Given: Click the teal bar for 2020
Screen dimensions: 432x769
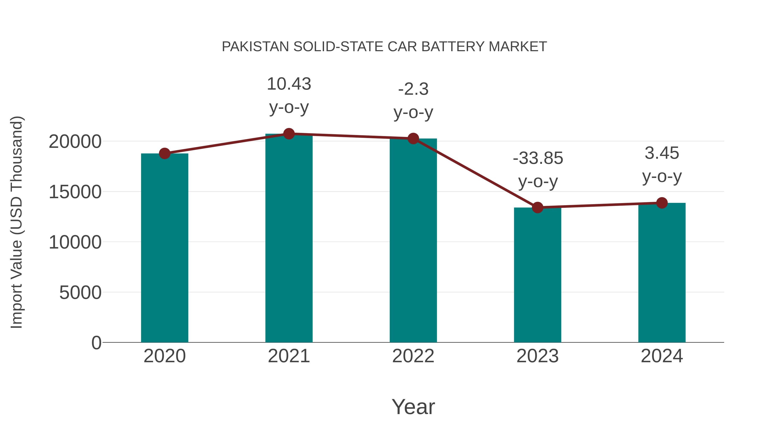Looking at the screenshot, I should [164, 247].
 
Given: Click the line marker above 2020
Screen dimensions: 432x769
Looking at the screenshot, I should [164, 154].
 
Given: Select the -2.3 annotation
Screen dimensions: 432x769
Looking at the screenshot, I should [413, 89].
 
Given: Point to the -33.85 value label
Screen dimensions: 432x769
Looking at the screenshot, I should [538, 158].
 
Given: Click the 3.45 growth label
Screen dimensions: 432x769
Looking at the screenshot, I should [662, 153].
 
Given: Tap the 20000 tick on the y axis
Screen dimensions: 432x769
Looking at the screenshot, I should [75, 142].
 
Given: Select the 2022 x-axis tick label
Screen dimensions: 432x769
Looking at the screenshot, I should [413, 356].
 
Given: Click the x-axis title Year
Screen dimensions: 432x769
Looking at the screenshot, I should [413, 407].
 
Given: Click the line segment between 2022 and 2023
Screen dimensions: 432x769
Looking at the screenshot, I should [475, 173].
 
